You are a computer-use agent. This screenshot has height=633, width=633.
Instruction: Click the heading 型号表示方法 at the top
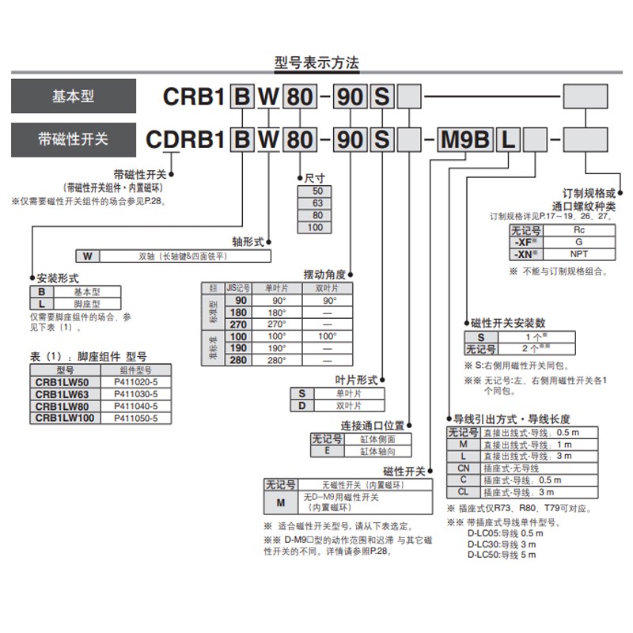[x=316, y=64]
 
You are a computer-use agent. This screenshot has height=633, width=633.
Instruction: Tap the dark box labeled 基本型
[x=73, y=97]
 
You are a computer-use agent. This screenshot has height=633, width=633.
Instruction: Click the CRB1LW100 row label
[x=65, y=417]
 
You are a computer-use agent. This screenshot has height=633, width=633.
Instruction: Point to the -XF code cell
[x=525, y=241]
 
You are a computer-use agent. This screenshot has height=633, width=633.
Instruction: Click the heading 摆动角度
[x=324, y=273]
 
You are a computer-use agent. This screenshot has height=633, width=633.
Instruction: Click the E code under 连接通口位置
[x=327, y=451]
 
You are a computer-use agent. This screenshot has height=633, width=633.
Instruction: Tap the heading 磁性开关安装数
[x=508, y=323]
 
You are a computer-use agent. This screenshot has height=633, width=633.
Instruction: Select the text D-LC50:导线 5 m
[x=501, y=555]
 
